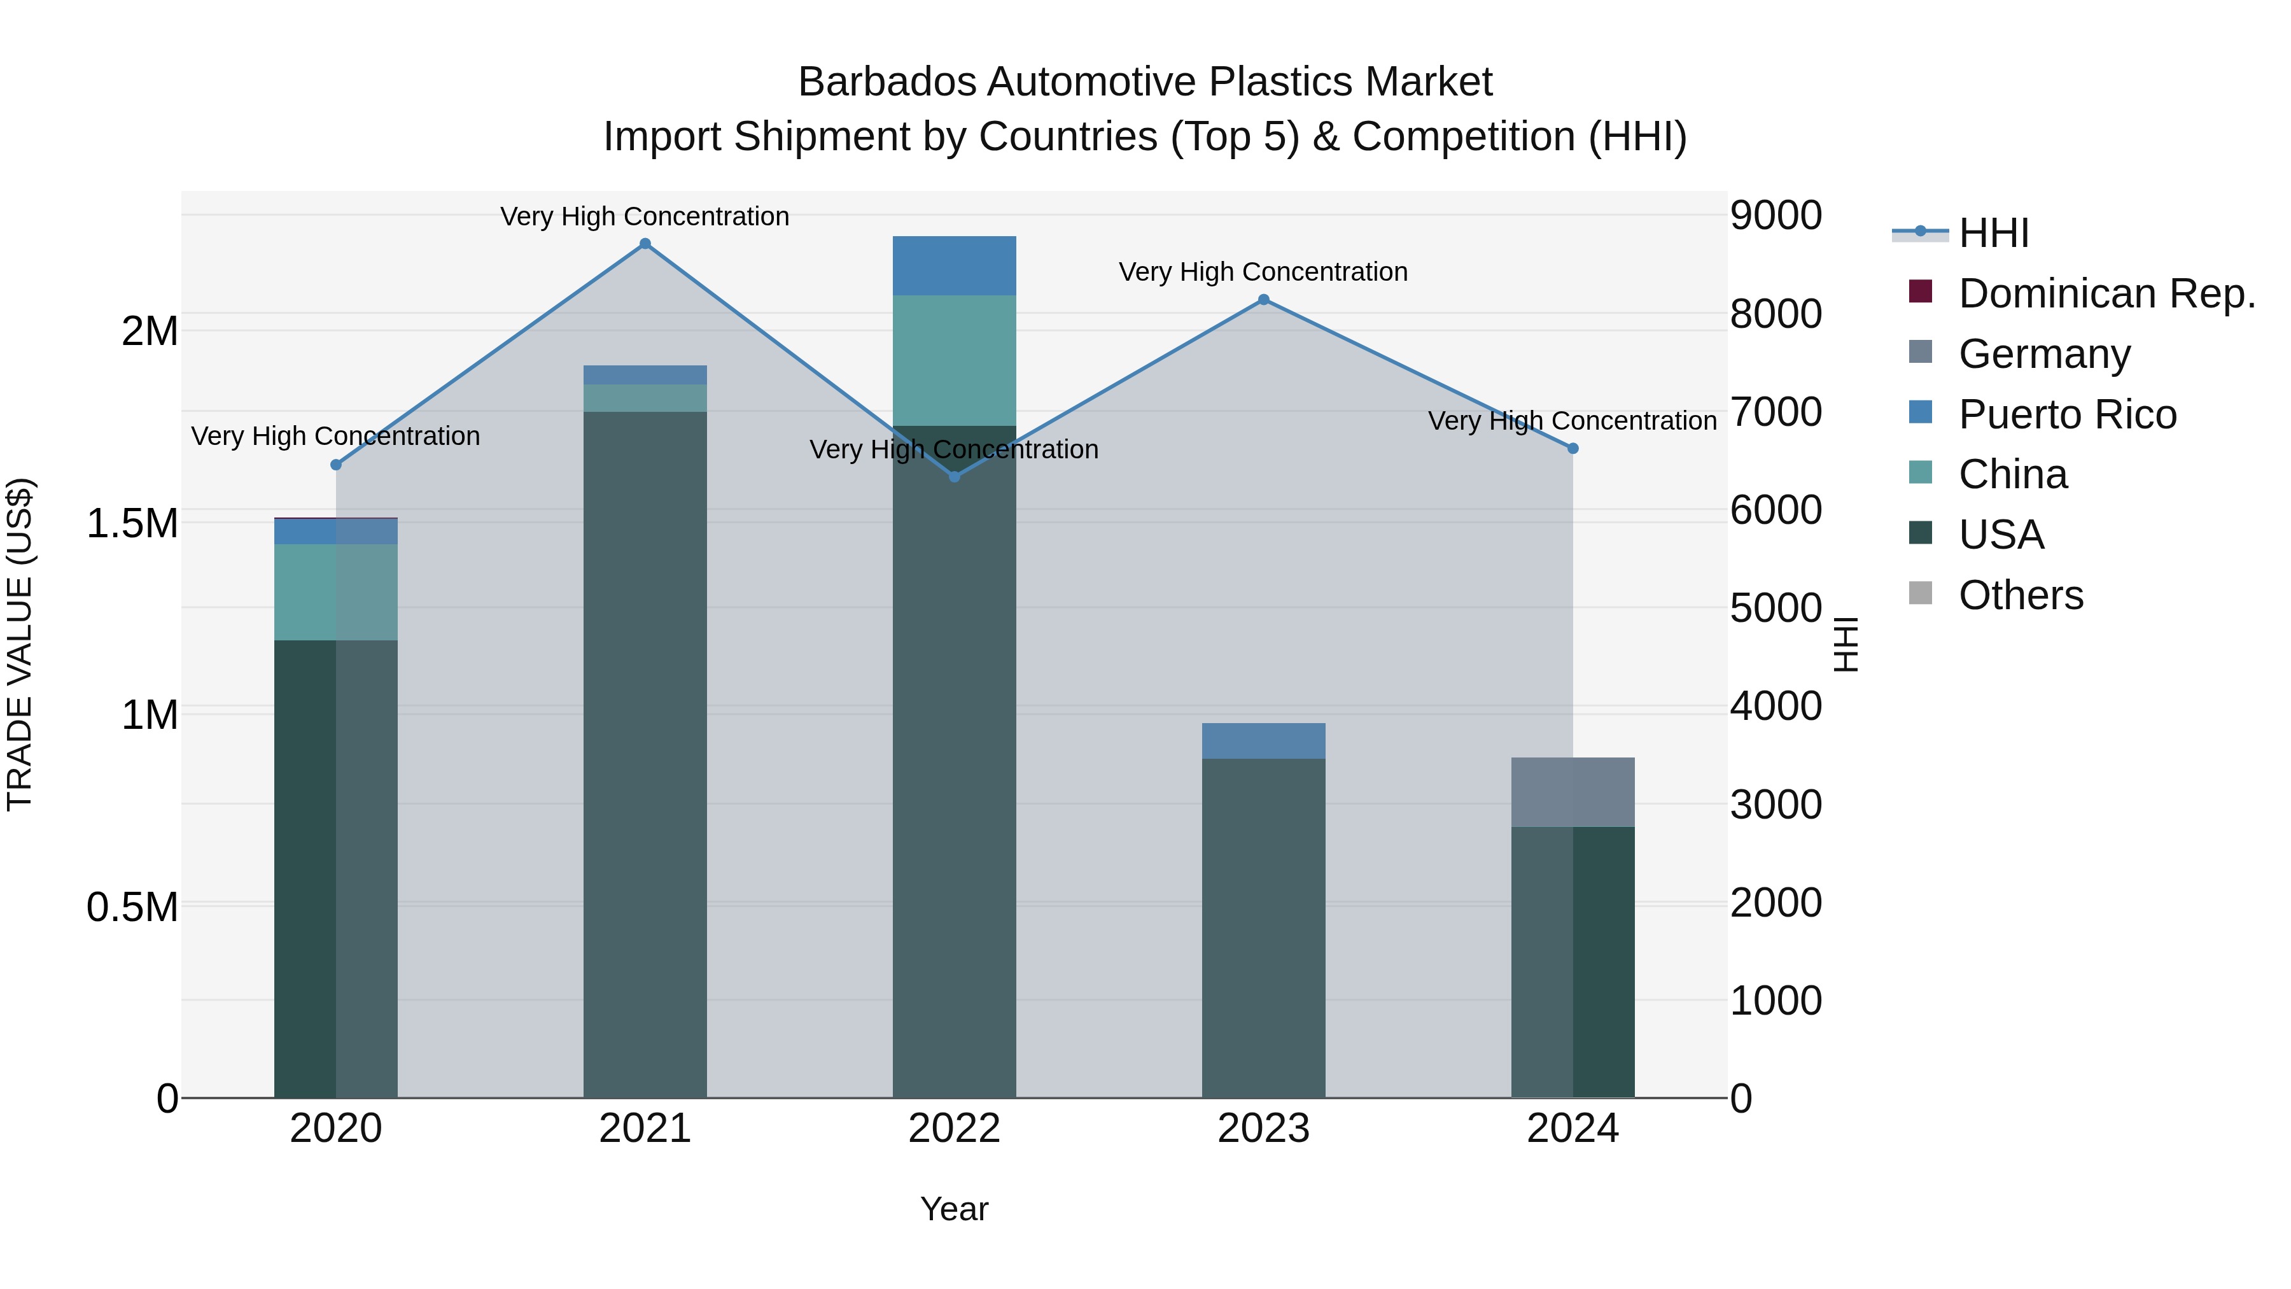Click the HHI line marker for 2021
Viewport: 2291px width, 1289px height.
(x=645, y=244)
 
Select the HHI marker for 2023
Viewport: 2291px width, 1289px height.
(x=1263, y=300)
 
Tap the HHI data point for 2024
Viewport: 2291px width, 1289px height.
(x=1573, y=448)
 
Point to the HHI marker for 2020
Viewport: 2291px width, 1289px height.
(x=336, y=465)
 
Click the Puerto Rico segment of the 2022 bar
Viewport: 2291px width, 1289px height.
(x=955, y=265)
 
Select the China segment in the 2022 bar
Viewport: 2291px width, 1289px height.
(x=955, y=360)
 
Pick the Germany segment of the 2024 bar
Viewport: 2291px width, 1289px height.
(x=1573, y=792)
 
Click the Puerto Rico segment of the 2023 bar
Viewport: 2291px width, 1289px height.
(x=1263, y=740)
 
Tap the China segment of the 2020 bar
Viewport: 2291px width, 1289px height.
(x=336, y=591)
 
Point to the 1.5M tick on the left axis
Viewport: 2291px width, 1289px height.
(x=132, y=523)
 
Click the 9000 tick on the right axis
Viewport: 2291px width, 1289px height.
(x=1775, y=215)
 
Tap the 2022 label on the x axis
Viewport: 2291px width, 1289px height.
(x=955, y=1129)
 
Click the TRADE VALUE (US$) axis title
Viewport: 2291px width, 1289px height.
(x=20, y=644)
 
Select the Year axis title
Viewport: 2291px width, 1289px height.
(x=955, y=1209)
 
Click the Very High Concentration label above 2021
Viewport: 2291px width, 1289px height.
(x=645, y=216)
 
